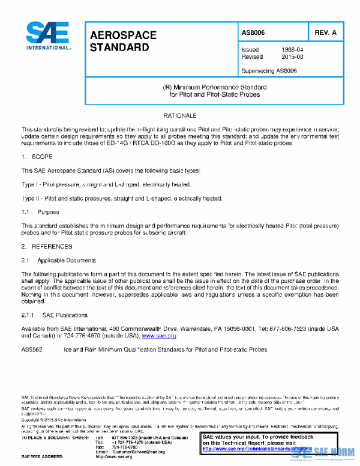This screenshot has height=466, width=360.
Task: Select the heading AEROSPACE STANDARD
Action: click(123, 41)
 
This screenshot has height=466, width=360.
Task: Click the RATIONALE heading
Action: click(180, 115)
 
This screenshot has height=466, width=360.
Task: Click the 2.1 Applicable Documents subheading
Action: click(58, 261)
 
